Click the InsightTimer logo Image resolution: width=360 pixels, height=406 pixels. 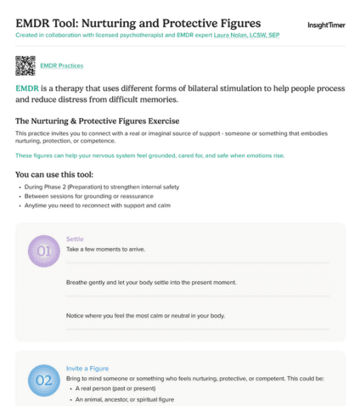pos(325,25)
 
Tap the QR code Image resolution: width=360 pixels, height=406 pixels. pos(25,65)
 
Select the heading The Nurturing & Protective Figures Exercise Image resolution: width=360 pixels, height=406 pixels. pos(98,121)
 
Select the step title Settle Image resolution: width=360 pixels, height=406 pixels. pos(76,239)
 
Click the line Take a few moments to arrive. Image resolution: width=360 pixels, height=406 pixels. pos(110,249)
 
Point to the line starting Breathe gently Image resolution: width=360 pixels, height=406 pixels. pos(151,282)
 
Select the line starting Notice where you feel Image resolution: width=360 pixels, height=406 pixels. pos(145,315)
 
